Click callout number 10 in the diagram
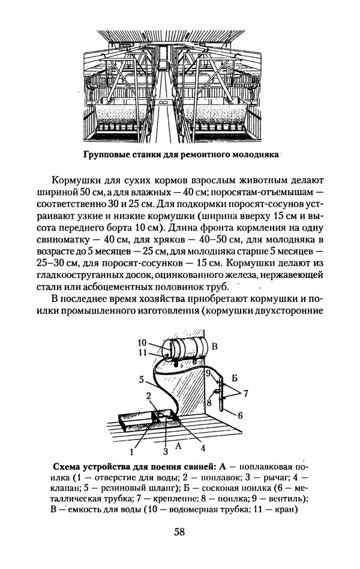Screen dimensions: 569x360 point(149,343)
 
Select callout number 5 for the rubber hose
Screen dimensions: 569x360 point(140,379)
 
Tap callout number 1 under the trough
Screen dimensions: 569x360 point(130,446)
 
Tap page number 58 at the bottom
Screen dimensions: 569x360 point(179,532)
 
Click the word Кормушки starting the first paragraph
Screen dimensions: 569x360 point(73,179)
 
